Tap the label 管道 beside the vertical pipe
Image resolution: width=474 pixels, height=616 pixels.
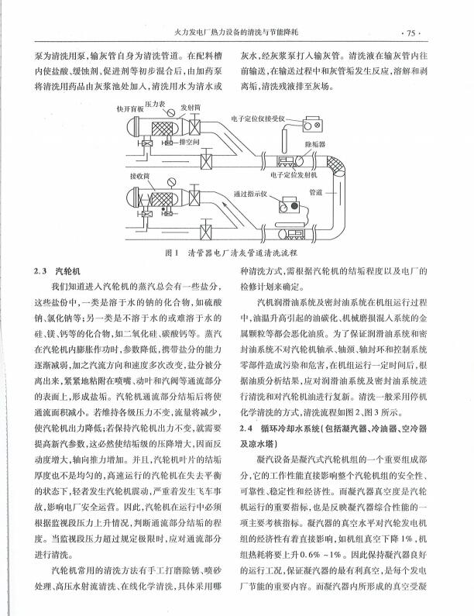pos(315,191)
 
